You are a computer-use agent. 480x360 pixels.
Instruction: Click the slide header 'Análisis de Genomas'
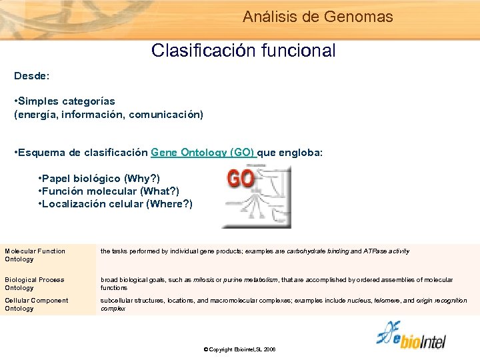click(318, 17)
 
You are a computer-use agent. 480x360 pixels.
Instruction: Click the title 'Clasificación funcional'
click(243, 51)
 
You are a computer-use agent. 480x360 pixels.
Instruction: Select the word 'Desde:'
click(31, 77)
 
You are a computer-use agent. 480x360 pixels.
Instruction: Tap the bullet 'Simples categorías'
click(65, 101)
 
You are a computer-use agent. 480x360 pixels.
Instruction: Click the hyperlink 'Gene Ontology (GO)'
click(202, 153)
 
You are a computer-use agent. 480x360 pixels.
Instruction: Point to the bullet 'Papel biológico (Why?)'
click(99, 179)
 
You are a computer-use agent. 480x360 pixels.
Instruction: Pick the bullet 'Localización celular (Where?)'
click(115, 204)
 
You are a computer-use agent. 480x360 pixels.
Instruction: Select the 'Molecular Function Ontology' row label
click(35, 255)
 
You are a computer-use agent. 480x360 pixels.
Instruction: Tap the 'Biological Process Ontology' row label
click(35, 283)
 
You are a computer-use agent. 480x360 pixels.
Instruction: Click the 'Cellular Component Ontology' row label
click(36, 304)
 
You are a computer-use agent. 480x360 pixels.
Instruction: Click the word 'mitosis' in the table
click(205, 280)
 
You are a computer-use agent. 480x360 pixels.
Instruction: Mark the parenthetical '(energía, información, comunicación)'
click(109, 115)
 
